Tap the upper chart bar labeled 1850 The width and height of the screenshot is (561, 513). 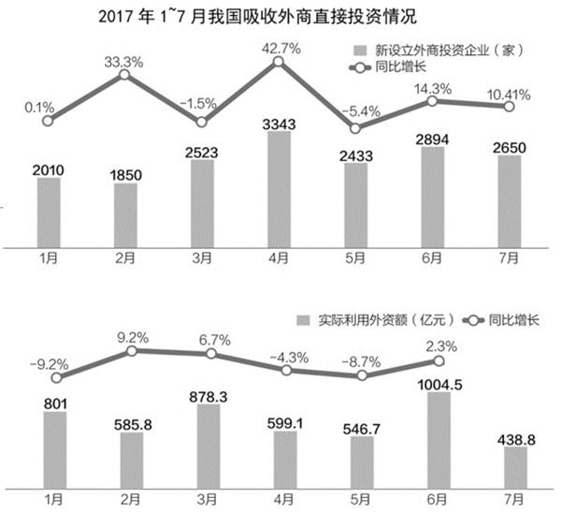click(126, 212)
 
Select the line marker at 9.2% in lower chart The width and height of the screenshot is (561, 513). click(132, 351)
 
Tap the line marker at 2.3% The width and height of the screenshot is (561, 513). click(435, 361)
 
